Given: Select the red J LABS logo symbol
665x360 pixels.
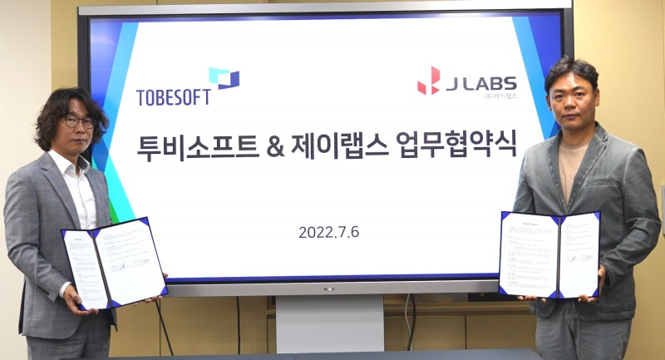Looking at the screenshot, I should click(x=429, y=81).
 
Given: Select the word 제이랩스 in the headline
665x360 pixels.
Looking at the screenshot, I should click(x=342, y=150).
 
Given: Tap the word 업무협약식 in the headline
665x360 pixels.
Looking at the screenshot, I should click(x=464, y=150).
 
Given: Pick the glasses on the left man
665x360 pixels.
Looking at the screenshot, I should click(x=79, y=121).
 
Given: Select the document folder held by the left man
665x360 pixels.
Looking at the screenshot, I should click(x=114, y=264).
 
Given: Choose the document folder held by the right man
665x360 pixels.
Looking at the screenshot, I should click(x=549, y=254).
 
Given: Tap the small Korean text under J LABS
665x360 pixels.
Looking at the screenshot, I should click(x=499, y=96).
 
